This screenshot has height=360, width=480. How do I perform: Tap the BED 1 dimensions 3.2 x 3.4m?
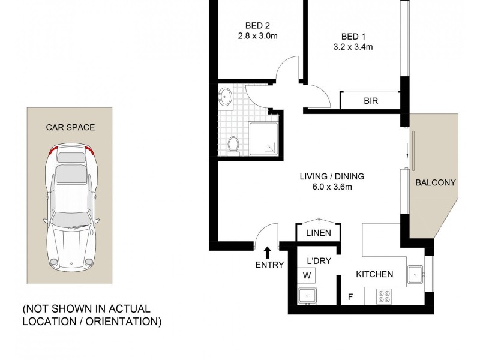[353, 46]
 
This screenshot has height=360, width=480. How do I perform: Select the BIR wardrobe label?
[370, 101]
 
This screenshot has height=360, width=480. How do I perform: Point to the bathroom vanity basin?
[226, 96]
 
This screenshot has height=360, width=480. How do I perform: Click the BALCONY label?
[436, 183]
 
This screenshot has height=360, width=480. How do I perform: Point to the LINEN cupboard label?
[319, 233]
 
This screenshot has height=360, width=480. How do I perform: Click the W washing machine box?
[307, 276]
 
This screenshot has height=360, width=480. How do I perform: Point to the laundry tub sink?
[307, 295]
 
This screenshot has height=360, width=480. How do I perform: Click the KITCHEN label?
[374, 274]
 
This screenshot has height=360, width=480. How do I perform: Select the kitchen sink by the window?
[415, 275]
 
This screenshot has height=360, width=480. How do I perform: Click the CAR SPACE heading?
[71, 127]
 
